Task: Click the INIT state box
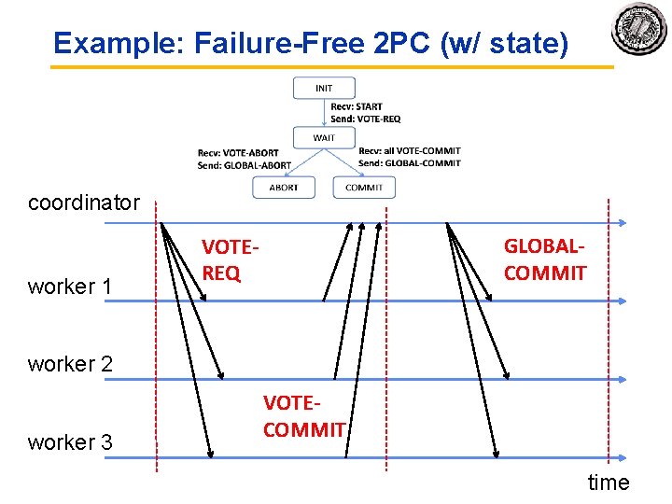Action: pos(324,88)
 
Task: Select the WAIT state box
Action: pos(324,138)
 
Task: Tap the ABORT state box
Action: pos(284,187)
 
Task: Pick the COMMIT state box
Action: pos(364,187)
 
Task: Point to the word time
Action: pos(609,483)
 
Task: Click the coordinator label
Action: pos(84,203)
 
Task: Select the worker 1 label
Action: pos(71,287)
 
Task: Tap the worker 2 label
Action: pos(71,364)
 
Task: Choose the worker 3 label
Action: pos(71,442)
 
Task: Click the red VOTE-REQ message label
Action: pos(229,260)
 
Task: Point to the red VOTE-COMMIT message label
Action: pos(304,416)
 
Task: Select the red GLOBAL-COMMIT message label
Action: pos(545,259)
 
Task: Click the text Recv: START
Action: pos(357,107)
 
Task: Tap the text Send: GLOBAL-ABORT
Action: pos(245,165)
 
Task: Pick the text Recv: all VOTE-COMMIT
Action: pos(409,151)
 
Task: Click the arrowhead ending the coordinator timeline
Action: pos(623,222)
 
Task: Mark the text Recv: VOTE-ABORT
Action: pos(238,153)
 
